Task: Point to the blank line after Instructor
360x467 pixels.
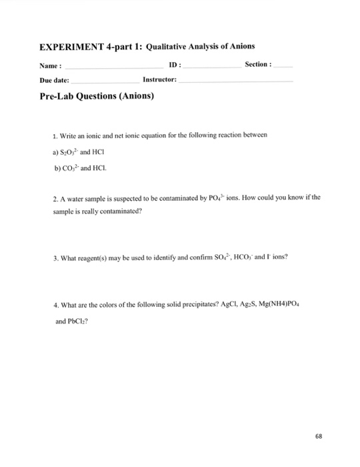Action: click(x=236, y=80)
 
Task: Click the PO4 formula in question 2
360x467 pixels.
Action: click(x=252, y=197)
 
